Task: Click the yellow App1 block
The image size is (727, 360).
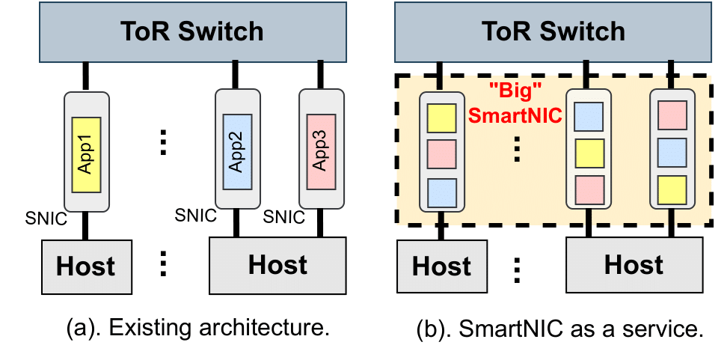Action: point(87,156)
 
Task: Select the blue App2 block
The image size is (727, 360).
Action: point(236,154)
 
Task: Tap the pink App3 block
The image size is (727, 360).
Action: point(320,154)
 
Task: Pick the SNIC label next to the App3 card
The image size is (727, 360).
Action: point(284,218)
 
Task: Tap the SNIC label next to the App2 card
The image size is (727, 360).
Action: point(195,216)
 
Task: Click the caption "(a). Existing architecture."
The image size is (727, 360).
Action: point(197,329)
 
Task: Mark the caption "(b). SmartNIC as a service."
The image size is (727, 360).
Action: point(559,329)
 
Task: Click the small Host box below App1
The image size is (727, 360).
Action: point(86,266)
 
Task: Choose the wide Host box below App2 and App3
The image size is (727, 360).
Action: point(277,264)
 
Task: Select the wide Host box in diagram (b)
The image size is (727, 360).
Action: point(634,264)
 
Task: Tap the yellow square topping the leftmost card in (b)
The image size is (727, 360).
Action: point(441,118)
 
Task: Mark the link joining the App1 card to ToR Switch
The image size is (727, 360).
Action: point(88,77)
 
